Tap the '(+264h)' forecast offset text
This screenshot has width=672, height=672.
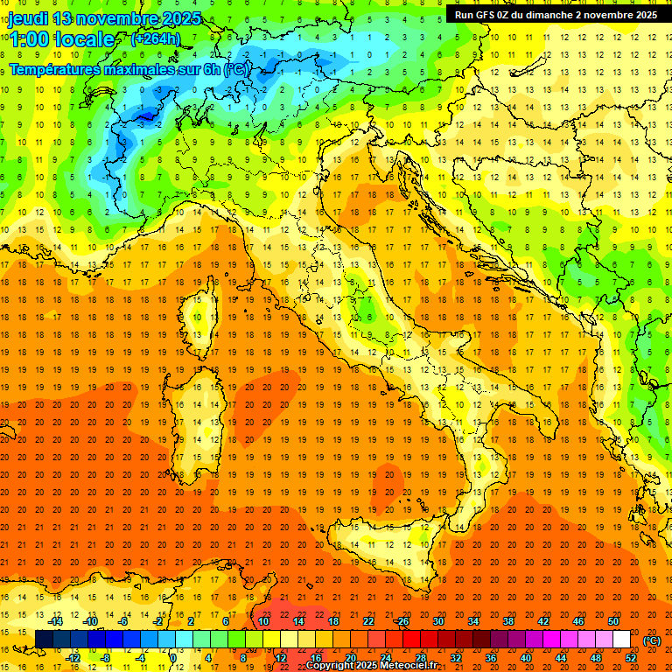(x=156, y=38)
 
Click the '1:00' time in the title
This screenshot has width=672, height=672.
(x=29, y=39)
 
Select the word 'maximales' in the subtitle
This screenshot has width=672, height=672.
(x=133, y=69)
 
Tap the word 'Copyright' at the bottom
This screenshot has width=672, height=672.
(x=330, y=666)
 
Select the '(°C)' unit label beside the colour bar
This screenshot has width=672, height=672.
(x=652, y=640)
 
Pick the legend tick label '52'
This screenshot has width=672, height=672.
(x=631, y=658)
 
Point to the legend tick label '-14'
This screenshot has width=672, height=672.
(x=56, y=621)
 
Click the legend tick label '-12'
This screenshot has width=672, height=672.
(x=73, y=658)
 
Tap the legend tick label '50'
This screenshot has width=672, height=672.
(x=613, y=621)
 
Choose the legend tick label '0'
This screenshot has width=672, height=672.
(x=173, y=658)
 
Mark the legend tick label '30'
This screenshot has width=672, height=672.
(x=437, y=621)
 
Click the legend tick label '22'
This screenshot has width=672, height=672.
(x=367, y=621)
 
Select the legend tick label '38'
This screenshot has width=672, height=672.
(x=507, y=621)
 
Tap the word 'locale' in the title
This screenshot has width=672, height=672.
(x=84, y=39)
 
